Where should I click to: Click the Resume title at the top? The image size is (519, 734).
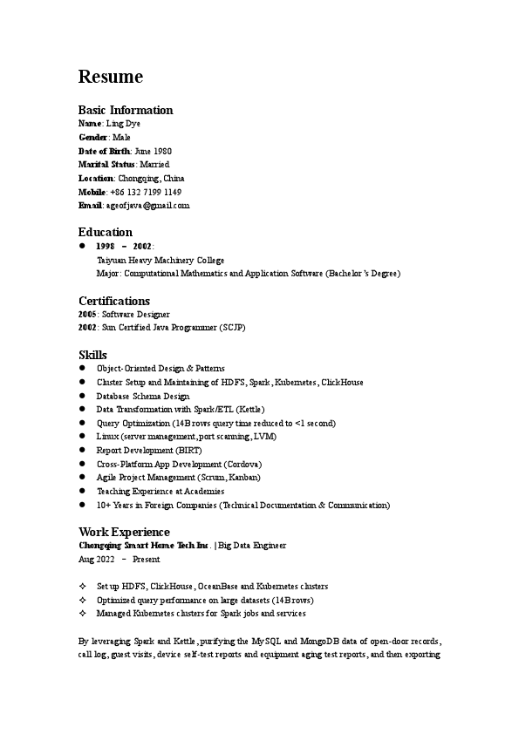(111, 77)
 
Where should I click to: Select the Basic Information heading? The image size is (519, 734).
(126, 110)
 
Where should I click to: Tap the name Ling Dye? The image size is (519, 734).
(123, 124)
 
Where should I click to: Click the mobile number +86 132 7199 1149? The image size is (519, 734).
(146, 192)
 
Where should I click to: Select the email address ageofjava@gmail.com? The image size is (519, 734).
(147, 205)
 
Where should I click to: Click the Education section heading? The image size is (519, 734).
(106, 232)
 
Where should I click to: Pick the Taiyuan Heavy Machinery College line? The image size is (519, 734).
(160, 260)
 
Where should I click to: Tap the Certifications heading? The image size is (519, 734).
(114, 301)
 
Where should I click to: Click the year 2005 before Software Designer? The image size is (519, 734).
(87, 314)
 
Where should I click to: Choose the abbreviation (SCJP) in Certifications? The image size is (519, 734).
(234, 328)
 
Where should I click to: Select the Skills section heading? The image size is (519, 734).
(92, 355)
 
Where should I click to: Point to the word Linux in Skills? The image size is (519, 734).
(108, 437)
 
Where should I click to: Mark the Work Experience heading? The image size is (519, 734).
(124, 532)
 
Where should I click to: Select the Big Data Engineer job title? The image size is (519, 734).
(252, 545)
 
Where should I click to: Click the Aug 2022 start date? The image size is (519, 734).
(97, 559)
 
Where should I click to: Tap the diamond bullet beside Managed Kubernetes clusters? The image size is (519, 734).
(82, 614)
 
